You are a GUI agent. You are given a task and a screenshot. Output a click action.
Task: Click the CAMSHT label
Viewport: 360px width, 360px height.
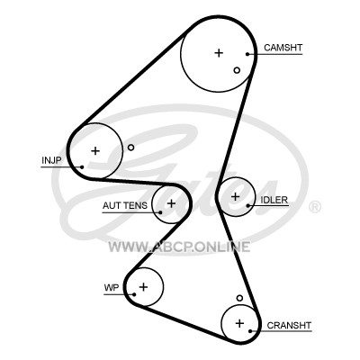pos(283,48)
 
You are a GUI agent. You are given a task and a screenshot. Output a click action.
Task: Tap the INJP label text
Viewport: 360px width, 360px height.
pos(51,160)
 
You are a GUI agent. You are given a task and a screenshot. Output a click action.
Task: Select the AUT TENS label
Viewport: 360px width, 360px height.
pos(125,205)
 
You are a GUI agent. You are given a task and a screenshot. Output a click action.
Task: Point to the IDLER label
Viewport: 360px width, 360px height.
pos(274,200)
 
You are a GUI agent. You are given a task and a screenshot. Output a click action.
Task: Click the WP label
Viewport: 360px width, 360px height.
pos(112,288)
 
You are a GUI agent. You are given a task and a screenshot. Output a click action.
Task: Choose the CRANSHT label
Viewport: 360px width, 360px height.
pos(289,325)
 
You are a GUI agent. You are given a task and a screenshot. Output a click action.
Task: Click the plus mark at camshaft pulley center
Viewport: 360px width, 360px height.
pos(219,53)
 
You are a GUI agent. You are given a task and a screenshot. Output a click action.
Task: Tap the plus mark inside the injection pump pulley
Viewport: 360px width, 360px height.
pos(95,150)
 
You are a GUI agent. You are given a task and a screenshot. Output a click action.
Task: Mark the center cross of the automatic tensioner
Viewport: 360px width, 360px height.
pos(171,203)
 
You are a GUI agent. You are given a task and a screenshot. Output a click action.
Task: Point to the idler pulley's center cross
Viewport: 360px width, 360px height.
pos(236,196)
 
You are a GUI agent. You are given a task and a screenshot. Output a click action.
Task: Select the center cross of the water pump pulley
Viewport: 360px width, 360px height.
pos(143,287)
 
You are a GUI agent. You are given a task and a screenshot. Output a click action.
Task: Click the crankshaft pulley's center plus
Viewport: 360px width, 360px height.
pos(239,323)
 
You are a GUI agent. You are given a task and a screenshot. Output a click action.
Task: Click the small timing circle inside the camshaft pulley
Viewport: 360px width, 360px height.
pos(237,70)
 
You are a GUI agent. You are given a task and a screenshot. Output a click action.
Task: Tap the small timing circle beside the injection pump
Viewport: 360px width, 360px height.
pos(130,148)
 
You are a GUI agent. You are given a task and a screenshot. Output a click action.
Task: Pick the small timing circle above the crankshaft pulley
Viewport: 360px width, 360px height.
pos(239,298)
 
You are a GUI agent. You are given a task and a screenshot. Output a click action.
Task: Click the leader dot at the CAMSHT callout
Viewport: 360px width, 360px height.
pos(247,54)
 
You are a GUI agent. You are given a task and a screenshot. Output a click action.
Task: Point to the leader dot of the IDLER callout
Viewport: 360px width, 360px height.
pos(248,205)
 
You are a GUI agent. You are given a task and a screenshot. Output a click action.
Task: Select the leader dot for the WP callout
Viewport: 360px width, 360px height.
pos(134,294)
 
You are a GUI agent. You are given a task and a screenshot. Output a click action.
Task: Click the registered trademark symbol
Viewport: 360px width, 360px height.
pos(315,207)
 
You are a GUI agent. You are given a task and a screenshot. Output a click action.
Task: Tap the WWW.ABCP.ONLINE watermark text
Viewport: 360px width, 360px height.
pos(179,247)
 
